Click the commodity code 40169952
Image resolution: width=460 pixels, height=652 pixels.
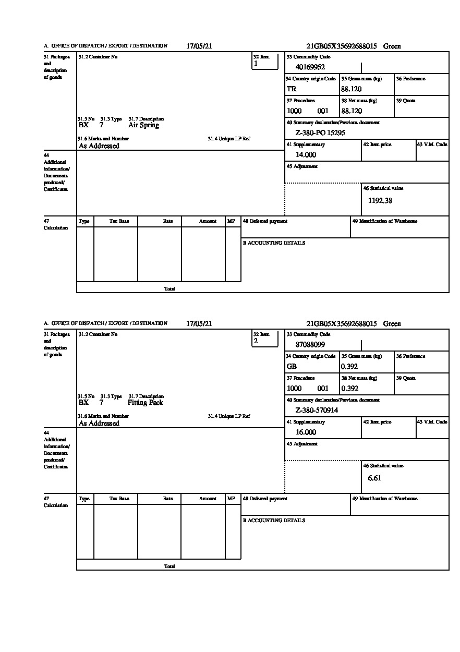coord(310,67)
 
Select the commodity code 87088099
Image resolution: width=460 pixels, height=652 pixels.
coord(310,344)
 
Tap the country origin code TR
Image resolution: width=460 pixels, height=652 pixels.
coord(291,89)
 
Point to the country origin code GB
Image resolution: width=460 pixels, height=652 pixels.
coord(292,366)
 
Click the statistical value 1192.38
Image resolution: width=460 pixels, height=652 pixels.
coord(380,200)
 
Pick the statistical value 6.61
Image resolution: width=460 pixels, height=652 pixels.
coord(374,478)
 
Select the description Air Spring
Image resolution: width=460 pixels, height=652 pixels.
coord(143,125)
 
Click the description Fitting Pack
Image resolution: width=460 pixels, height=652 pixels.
coord(145,403)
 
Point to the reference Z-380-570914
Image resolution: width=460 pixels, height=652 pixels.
coord(316,410)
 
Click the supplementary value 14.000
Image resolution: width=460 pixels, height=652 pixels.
coord(306,154)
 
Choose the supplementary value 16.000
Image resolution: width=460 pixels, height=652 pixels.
coord(306,432)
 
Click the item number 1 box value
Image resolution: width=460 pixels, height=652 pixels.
coord(256,64)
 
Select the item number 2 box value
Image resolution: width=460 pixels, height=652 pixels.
coord(256,341)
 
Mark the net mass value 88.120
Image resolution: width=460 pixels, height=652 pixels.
coord(351,111)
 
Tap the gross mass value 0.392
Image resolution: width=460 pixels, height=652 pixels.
coord(349,366)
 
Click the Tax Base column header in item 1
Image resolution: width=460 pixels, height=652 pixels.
coord(119,221)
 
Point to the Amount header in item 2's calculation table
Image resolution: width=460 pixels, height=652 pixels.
coord(207,499)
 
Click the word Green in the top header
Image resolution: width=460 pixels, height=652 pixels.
coord(392,46)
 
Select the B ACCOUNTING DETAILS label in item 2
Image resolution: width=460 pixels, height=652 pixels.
coord(274,521)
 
